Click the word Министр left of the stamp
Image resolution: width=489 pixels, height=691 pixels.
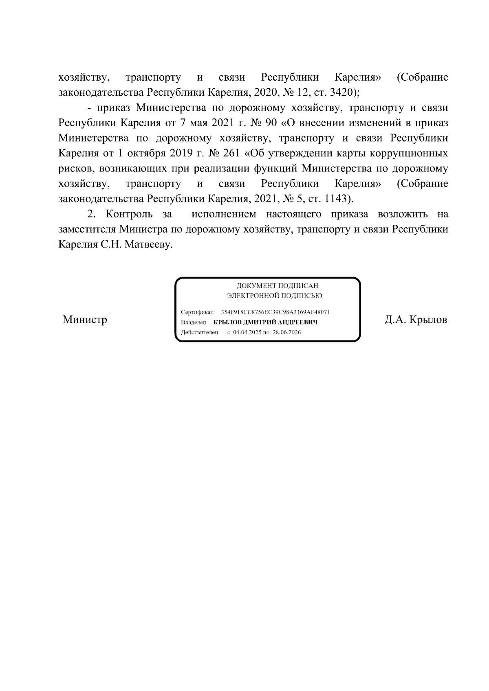[x=85, y=320]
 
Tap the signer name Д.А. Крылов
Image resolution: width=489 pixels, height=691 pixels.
[x=415, y=320]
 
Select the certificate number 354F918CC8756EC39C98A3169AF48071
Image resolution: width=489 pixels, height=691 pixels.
[x=275, y=312]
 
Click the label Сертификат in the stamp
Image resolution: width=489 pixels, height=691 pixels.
[x=197, y=312]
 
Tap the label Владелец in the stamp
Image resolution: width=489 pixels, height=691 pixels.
[x=194, y=322]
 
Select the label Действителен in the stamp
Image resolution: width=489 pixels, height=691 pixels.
[x=199, y=332]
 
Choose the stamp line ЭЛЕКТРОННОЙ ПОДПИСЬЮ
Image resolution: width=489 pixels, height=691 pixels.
[x=274, y=296]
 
